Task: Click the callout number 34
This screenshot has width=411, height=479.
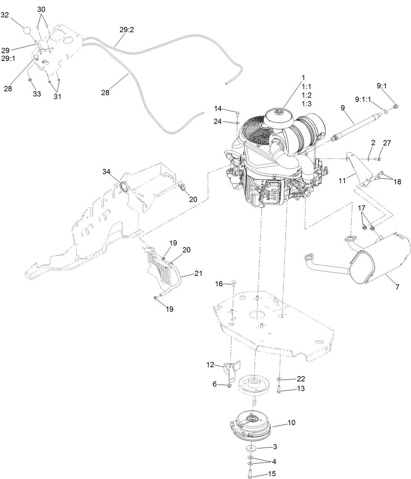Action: click(107, 171)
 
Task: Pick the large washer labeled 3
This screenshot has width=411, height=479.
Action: click(251, 447)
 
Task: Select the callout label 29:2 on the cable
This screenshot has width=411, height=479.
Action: click(127, 30)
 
